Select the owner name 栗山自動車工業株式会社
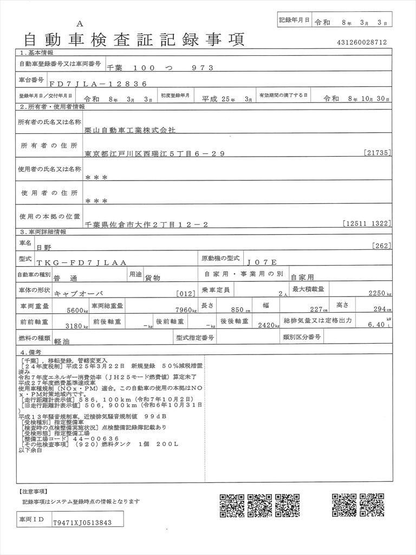tap(131, 131)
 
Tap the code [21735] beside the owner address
tap(378, 153)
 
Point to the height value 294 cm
tap(379, 309)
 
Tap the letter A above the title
tap(80, 23)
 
